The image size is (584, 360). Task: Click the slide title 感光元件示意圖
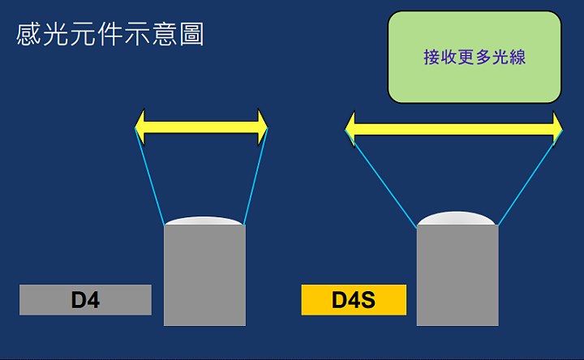(109, 34)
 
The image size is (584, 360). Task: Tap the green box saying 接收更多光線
(474, 57)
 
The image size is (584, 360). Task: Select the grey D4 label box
(85, 300)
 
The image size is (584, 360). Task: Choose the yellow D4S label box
(354, 300)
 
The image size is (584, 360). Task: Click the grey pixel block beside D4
(205, 275)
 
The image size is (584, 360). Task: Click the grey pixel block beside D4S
(457, 275)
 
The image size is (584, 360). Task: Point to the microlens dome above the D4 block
(204, 221)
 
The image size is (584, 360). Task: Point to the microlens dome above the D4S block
(457, 219)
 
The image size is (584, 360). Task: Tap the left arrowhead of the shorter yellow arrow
(140, 127)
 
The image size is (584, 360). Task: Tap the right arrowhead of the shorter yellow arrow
(263, 127)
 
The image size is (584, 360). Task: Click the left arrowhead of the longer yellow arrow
(350, 129)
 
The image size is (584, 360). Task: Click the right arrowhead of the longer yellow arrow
(557, 129)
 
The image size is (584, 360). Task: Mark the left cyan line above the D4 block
(149, 176)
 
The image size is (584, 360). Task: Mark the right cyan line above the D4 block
(255, 176)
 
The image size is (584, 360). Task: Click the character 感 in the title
(28, 34)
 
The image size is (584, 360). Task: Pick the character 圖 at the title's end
(191, 34)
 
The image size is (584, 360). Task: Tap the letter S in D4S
(368, 300)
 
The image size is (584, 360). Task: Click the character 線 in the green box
(517, 57)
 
